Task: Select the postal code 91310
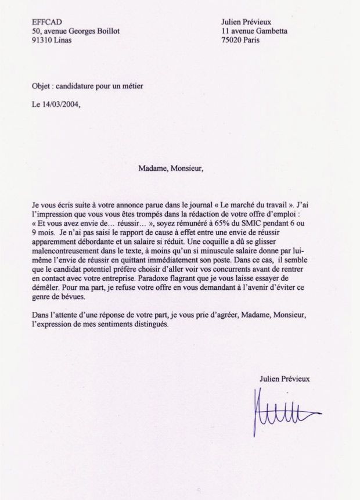[43, 41]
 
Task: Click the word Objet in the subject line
[42, 86]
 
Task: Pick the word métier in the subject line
[131, 86]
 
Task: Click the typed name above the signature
[285, 378]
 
